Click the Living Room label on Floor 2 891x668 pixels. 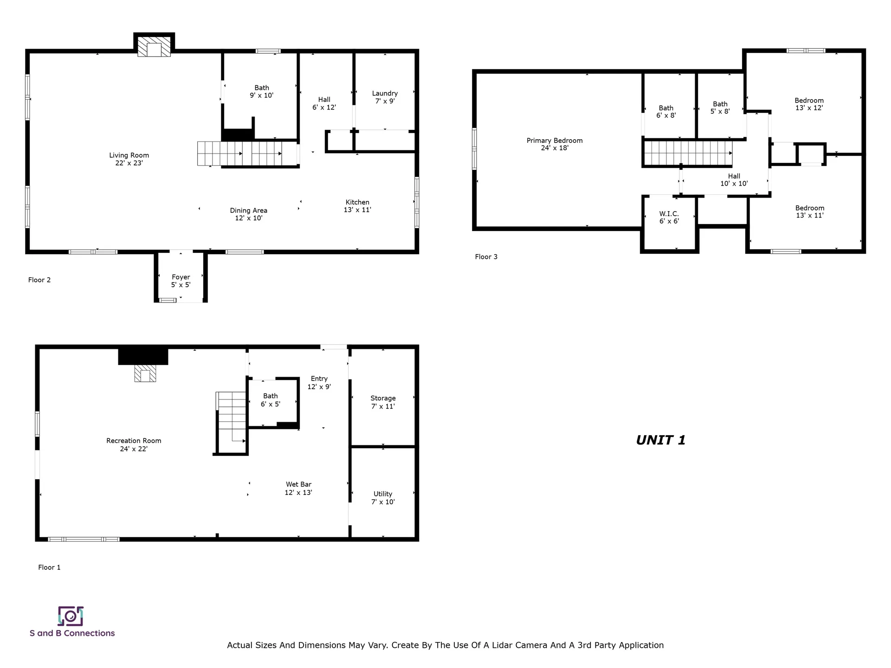pos(129,159)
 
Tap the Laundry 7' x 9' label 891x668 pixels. pos(385,97)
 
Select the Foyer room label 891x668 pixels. pos(181,281)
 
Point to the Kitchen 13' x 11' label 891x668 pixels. pos(357,206)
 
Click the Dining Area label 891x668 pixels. pos(249,214)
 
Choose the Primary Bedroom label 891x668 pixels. pos(555,144)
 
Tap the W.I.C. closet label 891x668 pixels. pos(669,217)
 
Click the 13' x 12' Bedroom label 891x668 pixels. pos(809,104)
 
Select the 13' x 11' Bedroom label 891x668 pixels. pos(810,212)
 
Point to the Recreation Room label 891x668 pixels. pos(134,444)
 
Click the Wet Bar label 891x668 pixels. pos(298,488)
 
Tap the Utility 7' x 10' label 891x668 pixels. pos(383,498)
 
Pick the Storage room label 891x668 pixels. pos(383,402)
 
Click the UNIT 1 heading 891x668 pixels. pos(661,440)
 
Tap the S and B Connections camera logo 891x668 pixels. pos(71,616)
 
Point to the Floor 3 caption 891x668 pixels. pos(486,257)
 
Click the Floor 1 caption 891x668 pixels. pos(49,567)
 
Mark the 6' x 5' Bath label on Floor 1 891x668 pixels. pos(271,400)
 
